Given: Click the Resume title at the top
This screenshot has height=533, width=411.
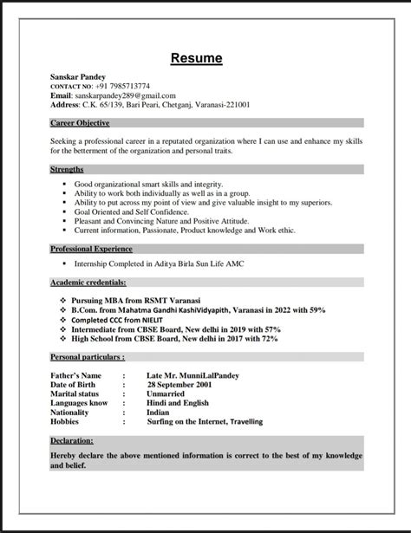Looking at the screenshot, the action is coord(196,59).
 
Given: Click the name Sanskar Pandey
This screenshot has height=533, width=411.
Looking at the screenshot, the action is coord(78,77).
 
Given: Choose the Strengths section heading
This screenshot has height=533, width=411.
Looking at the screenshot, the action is coord(67,170).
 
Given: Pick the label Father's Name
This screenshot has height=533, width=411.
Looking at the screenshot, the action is coord(79,374).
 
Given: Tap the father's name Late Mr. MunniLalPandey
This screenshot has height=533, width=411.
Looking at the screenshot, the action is coord(193,374).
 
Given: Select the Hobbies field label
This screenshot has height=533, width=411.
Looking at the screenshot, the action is coord(66,421).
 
